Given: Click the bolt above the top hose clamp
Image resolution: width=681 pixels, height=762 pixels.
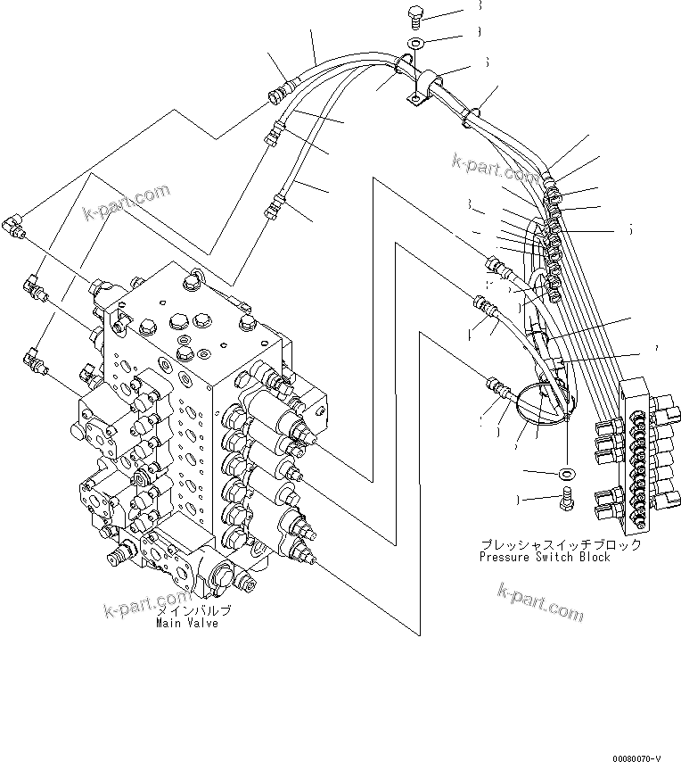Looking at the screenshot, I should (415, 13).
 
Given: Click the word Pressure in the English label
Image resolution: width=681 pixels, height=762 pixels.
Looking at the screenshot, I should (505, 557).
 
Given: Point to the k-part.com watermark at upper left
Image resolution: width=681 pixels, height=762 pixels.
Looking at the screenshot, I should (127, 203).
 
